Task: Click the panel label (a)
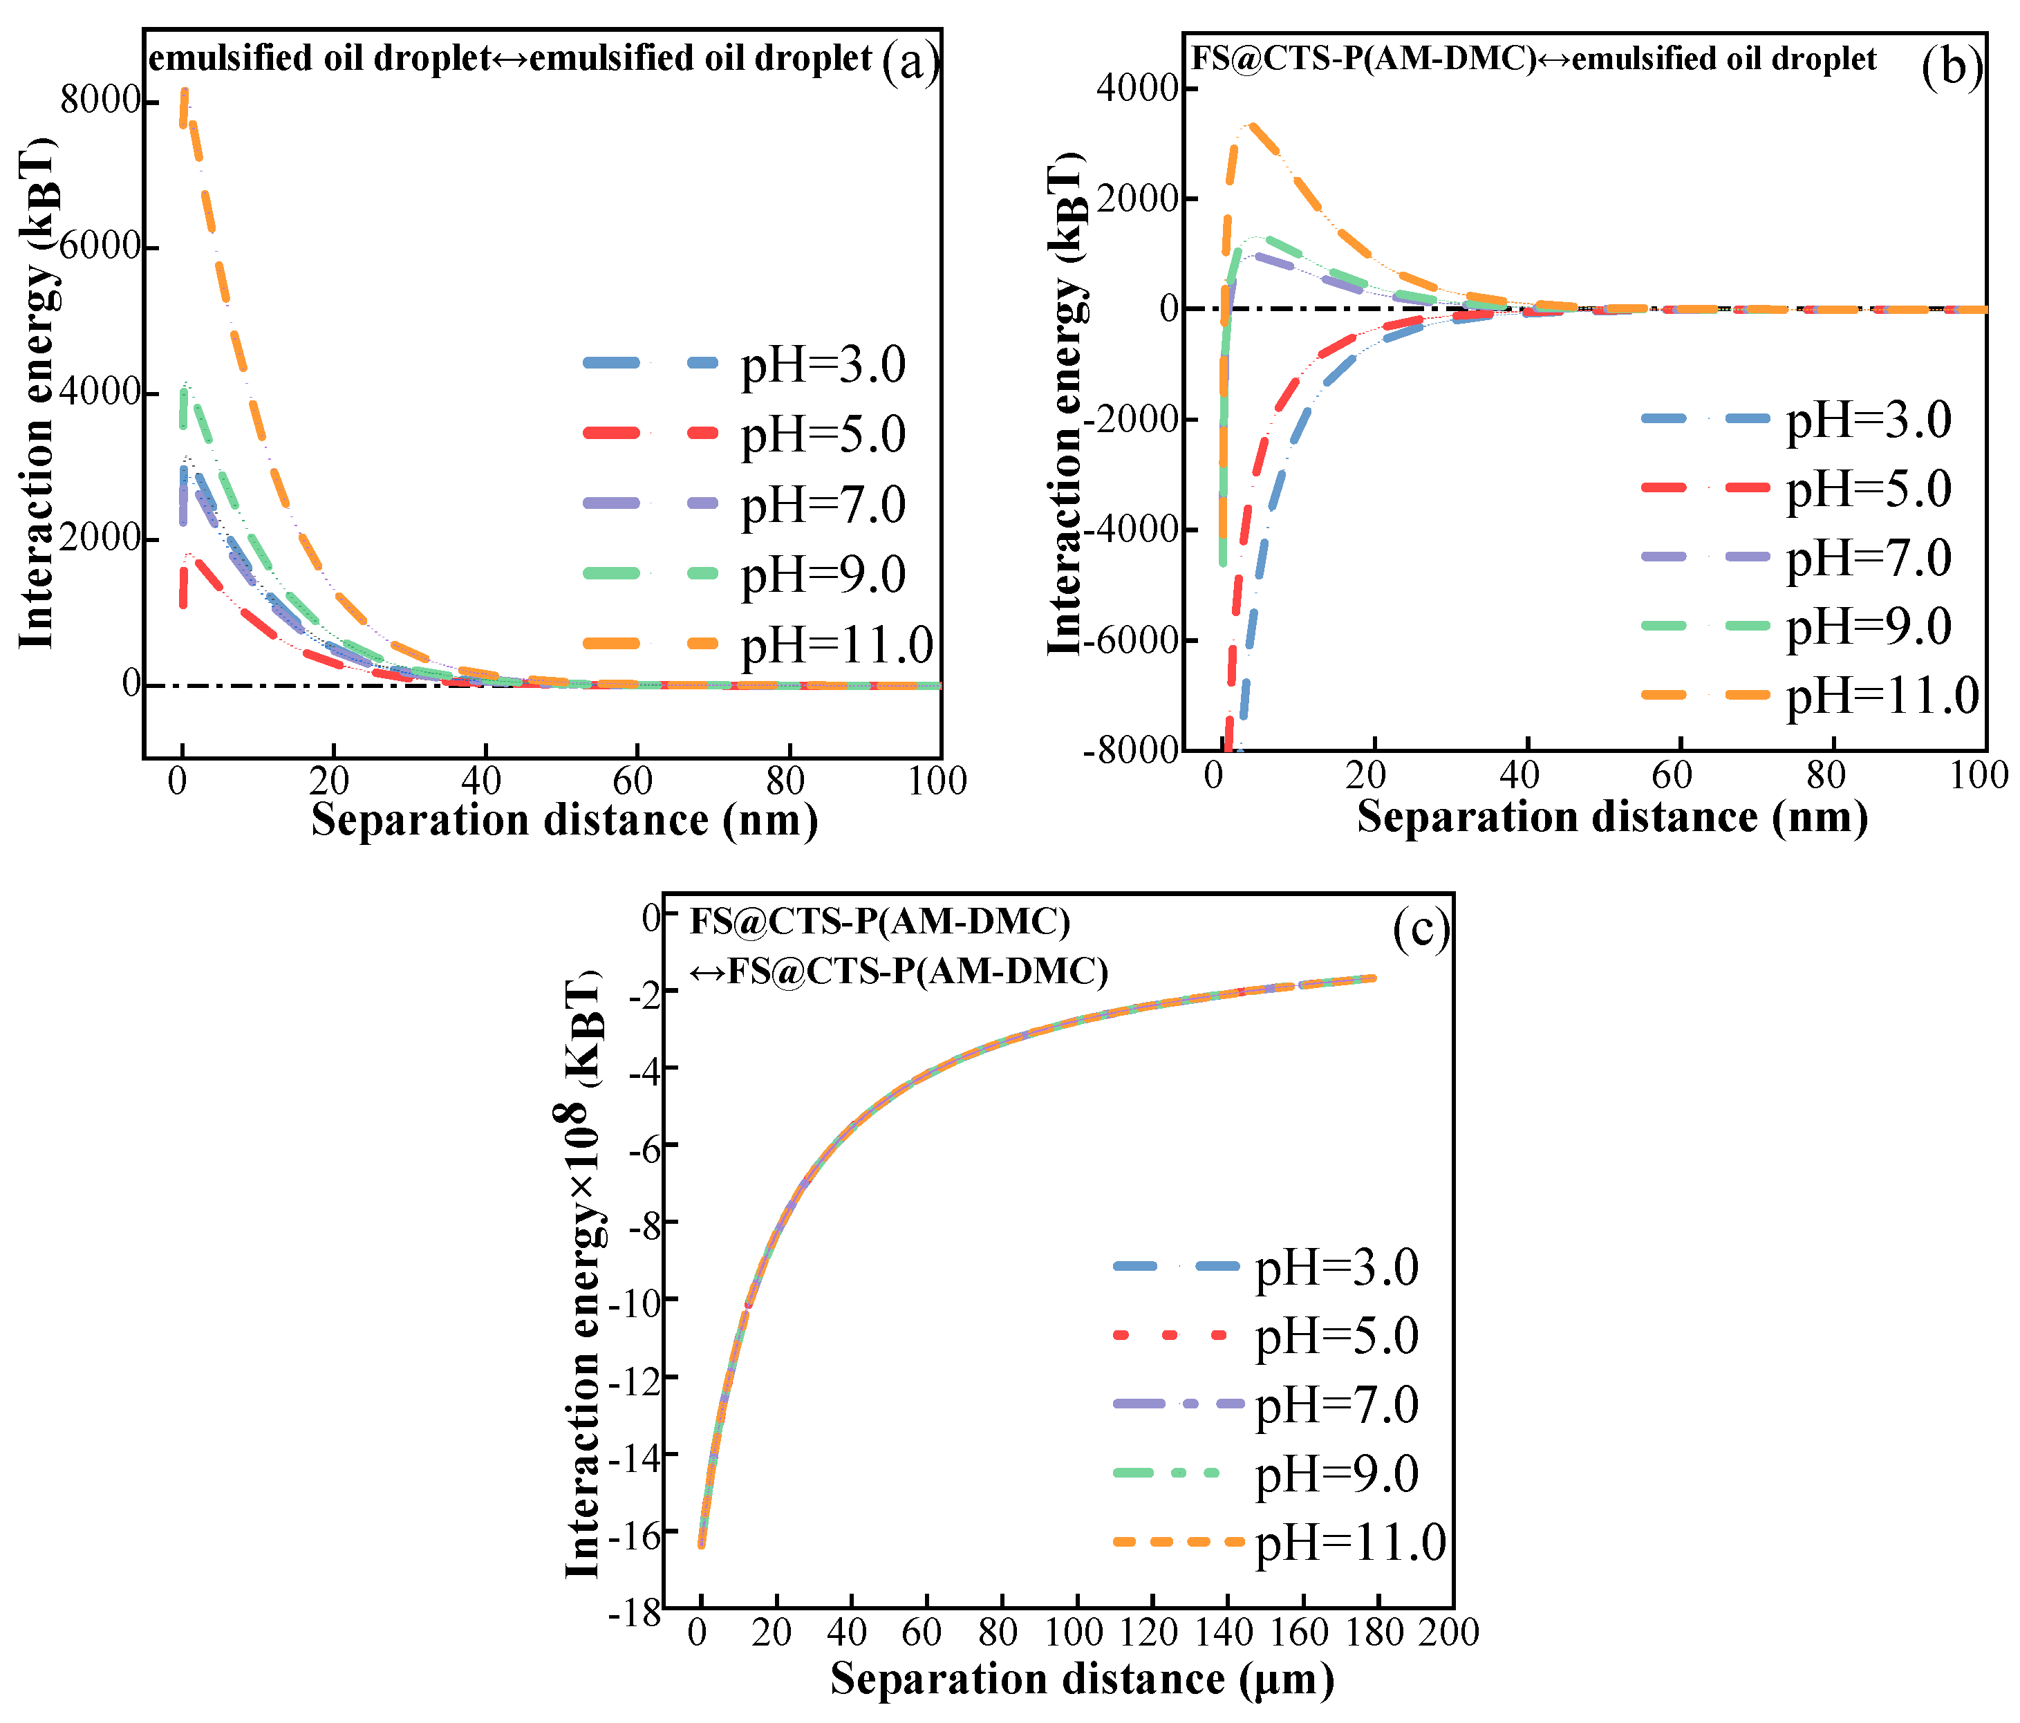910,62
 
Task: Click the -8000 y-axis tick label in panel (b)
1131,751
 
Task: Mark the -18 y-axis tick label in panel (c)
635,1614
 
